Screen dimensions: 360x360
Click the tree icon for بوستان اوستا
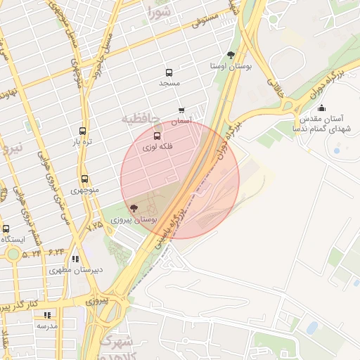click(x=231, y=55)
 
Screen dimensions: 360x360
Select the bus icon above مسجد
click(x=169, y=72)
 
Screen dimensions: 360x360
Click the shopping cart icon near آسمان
click(x=181, y=110)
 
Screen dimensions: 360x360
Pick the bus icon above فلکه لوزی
click(x=156, y=136)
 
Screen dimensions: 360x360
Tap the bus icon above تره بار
click(x=83, y=131)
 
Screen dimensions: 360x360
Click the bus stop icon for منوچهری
click(x=85, y=179)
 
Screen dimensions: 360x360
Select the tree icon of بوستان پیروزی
click(x=134, y=208)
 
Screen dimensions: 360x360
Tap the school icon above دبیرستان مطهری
click(x=75, y=259)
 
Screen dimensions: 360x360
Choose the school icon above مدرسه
click(x=47, y=315)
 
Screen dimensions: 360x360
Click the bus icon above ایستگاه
click(x=6, y=229)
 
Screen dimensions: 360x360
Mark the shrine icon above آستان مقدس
click(x=321, y=108)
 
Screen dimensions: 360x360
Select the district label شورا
click(x=160, y=11)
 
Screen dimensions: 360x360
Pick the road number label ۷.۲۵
click(x=94, y=225)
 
